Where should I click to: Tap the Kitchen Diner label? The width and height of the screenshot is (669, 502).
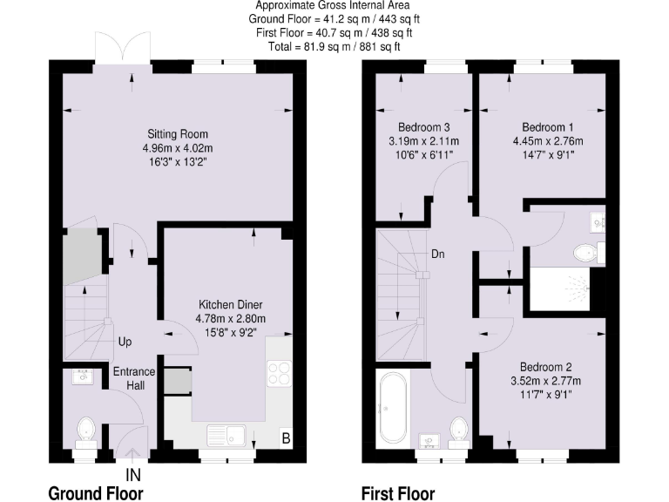click(231, 305)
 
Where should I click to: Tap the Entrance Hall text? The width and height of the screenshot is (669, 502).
click(134, 378)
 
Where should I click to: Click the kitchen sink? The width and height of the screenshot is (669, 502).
click(229, 433)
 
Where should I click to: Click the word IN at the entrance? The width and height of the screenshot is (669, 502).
click(133, 475)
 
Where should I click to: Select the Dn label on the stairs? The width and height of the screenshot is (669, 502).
click(439, 254)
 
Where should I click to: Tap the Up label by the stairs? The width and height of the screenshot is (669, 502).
click(125, 342)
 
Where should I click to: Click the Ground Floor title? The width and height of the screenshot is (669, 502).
click(96, 493)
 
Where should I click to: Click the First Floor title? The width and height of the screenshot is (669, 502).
click(398, 493)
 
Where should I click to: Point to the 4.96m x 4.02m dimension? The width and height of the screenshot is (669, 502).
click(177, 148)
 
